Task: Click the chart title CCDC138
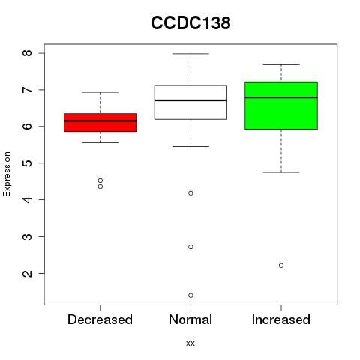pyautogui.click(x=190, y=23)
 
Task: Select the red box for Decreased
pyautogui.click(x=100, y=122)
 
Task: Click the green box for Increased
pyautogui.click(x=281, y=106)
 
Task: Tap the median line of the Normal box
pyautogui.click(x=190, y=100)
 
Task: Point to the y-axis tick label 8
pyautogui.click(x=28, y=53)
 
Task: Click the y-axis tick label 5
pyautogui.click(x=28, y=163)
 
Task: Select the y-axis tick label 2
pyautogui.click(x=28, y=273)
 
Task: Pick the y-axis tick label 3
pyautogui.click(x=28, y=236)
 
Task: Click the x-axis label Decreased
pyautogui.click(x=100, y=319)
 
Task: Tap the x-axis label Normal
pyautogui.click(x=190, y=319)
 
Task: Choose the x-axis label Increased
pyautogui.click(x=281, y=319)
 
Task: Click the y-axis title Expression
pyautogui.click(x=7, y=174)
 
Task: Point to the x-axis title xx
pyautogui.click(x=190, y=343)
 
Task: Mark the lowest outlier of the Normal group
pyautogui.click(x=190, y=295)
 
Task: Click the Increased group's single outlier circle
pyautogui.click(x=281, y=265)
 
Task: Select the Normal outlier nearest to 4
pyautogui.click(x=190, y=193)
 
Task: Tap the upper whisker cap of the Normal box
pyautogui.click(x=190, y=54)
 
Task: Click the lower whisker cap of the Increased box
pyautogui.click(x=281, y=172)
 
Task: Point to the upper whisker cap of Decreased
pyautogui.click(x=100, y=92)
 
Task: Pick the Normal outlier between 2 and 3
pyautogui.click(x=190, y=247)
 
